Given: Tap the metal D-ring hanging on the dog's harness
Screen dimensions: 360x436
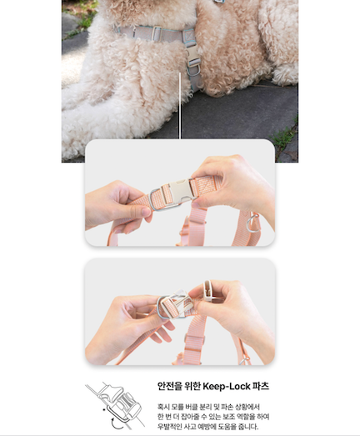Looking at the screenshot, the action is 194,70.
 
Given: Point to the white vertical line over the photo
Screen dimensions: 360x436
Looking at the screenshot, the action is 180,106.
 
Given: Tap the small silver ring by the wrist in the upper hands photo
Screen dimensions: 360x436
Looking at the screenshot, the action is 252,223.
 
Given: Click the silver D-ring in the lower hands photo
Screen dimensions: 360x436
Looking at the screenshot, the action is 161,308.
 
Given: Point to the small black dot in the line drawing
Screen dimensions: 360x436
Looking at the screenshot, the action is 104,409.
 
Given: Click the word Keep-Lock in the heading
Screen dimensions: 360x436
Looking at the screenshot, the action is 227,387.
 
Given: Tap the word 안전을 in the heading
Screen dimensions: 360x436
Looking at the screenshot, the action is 166,386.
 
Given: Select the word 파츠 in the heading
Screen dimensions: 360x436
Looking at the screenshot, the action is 261,386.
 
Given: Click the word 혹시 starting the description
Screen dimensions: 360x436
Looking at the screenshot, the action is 162,407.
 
